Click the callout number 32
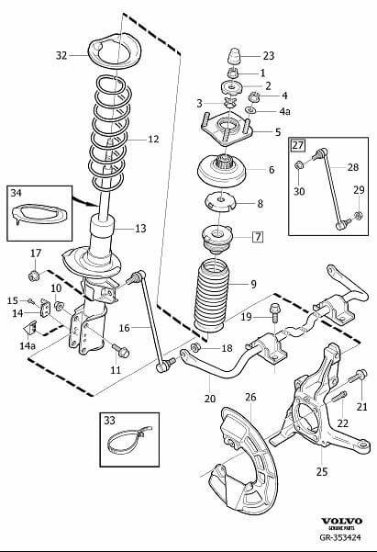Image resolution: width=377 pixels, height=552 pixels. [61, 55]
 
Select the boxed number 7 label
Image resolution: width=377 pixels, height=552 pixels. [258, 237]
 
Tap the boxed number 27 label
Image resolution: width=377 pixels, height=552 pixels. [297, 145]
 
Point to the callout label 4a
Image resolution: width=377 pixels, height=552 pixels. [285, 112]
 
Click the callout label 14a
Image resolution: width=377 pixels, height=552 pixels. [28, 345]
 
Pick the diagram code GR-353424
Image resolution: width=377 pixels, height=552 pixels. [340, 537]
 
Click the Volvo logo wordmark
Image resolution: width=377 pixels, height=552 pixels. [342, 521]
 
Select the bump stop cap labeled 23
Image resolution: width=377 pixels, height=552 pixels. [234, 56]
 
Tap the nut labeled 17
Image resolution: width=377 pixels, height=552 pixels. [34, 276]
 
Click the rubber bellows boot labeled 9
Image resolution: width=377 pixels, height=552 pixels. [210, 297]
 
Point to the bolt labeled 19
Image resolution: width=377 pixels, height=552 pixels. [274, 312]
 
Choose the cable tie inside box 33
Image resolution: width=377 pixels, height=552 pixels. [128, 439]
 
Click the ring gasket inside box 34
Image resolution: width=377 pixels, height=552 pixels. [39, 214]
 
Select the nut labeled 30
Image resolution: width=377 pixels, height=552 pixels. [299, 164]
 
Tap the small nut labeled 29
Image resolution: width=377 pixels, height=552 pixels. [359, 214]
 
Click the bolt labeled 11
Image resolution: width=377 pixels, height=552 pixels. [121, 350]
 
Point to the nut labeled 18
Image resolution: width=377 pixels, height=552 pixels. [195, 348]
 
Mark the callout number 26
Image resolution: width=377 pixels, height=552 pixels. [250, 397]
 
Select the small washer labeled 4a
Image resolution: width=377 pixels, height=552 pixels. [251, 111]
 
